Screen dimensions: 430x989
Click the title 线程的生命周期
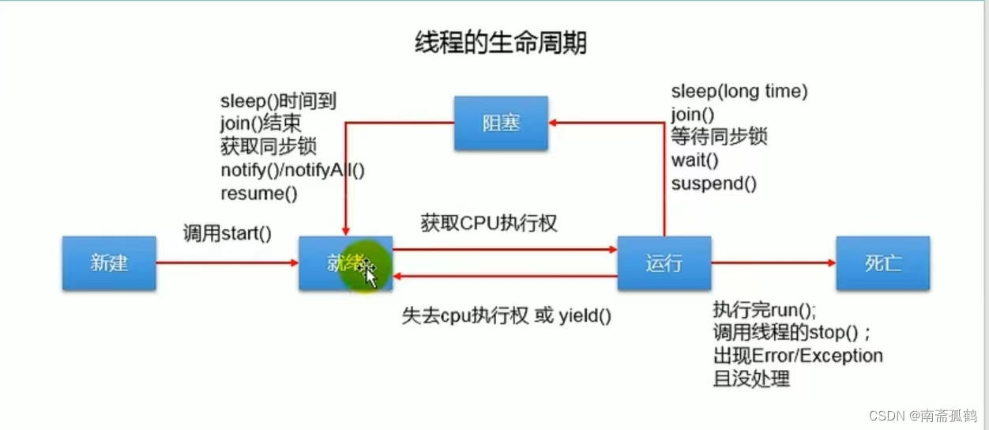tap(501, 43)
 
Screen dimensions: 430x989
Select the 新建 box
tap(109, 262)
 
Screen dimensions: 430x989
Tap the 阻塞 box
tap(501, 123)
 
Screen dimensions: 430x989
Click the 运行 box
tap(664, 262)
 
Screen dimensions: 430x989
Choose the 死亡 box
tap(882, 262)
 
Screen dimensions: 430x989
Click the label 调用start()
tap(227, 233)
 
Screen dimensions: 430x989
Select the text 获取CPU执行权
tap(489, 224)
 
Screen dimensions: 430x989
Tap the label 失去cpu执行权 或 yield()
tap(506, 316)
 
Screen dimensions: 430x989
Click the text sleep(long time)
tap(739, 92)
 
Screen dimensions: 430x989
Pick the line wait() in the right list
tap(694, 160)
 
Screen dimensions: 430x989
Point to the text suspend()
tap(713, 183)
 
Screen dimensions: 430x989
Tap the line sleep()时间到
tap(278, 101)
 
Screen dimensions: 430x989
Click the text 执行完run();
tap(764, 309)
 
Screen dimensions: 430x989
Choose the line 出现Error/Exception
tap(797, 356)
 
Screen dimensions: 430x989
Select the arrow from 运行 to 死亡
tap(773, 262)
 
